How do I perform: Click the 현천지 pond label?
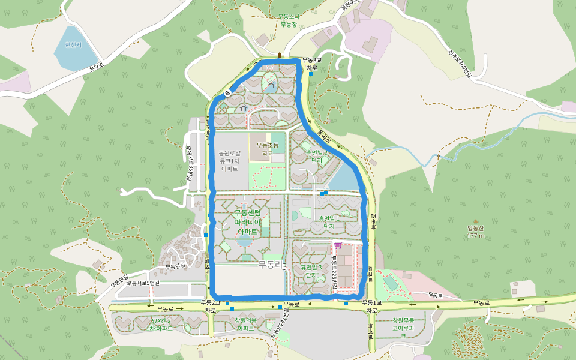tap(73, 44)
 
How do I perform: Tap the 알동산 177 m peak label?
tap(476, 231)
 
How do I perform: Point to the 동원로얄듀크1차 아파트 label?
tap(230, 161)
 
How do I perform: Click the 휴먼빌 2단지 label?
tap(317, 157)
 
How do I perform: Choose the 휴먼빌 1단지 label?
tap(329, 222)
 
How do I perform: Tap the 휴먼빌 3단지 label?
tap(311, 271)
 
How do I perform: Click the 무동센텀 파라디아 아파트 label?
tap(248, 222)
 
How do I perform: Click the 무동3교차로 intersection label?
tap(311, 64)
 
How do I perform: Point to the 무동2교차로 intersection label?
tap(211, 306)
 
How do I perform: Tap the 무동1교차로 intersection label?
tap(371, 306)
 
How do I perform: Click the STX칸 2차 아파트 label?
tap(161, 325)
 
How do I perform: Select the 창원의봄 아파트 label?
tap(245, 324)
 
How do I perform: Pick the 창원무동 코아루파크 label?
tap(404, 328)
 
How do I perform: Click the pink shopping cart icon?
tap(338, 245)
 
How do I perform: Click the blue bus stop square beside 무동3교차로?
tap(311, 74)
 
